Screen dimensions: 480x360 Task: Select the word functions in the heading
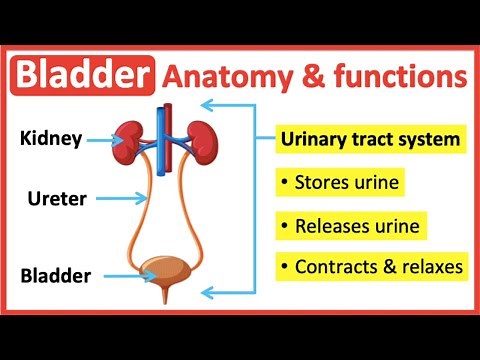coord(392,75)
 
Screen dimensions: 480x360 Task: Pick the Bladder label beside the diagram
coord(56,274)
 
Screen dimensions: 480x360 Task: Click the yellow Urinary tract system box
coord(370,140)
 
